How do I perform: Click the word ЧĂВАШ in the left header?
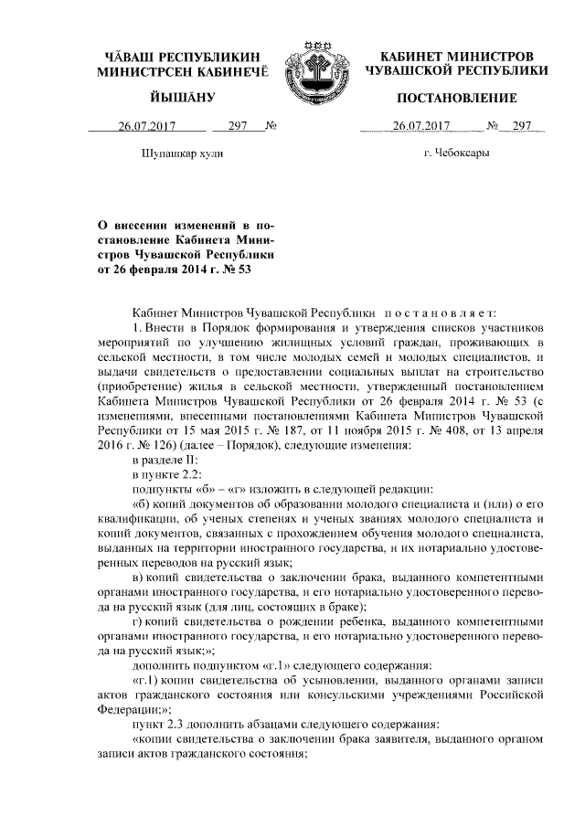pos(131,56)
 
